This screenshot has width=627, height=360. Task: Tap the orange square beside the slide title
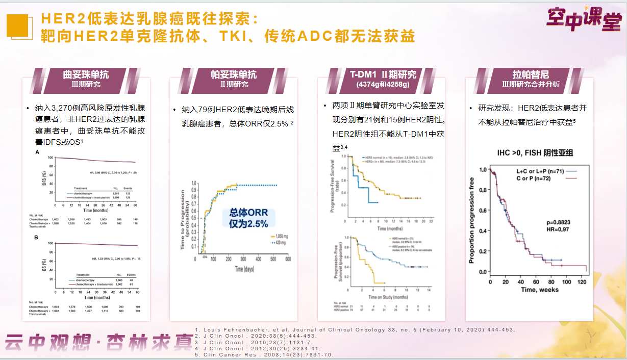tap(17, 25)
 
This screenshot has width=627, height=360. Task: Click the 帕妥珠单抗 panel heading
tap(234, 74)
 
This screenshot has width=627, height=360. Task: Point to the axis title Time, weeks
tap(540, 290)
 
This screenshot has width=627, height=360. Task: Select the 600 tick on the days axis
tap(288, 259)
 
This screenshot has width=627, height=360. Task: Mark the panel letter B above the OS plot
tap(36, 238)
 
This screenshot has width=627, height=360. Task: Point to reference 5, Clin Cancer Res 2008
tap(264, 354)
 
